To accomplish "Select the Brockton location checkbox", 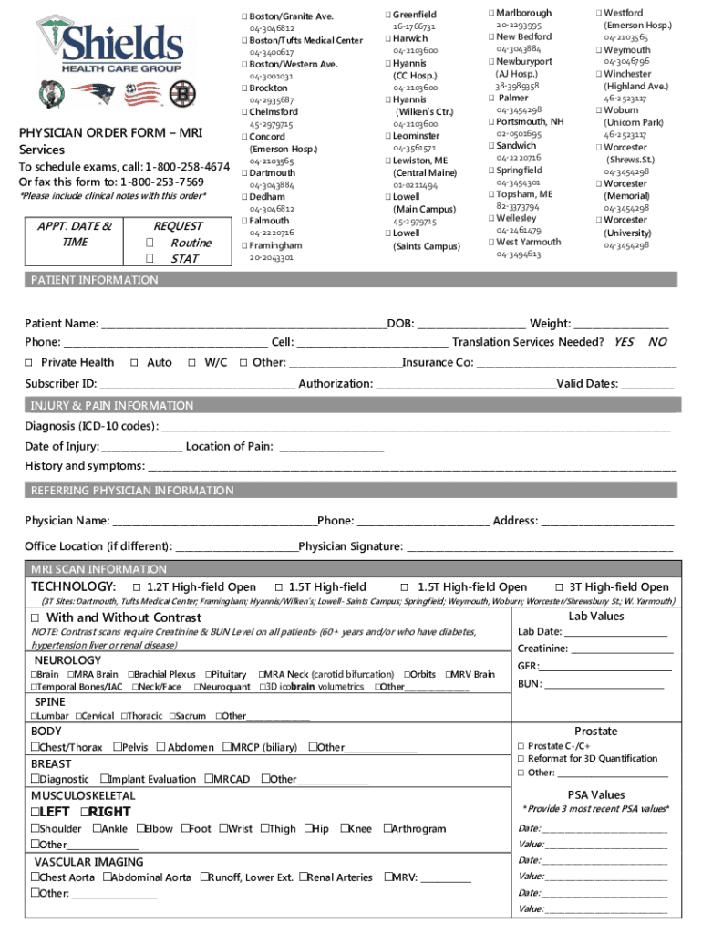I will point(244,88).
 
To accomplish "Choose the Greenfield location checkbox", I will point(387,15).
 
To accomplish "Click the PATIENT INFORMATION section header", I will point(95,280).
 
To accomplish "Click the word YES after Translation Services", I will point(624,342).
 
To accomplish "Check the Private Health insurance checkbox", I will point(30,363).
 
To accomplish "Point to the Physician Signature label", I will point(350,546).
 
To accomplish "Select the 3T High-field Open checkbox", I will point(560,587).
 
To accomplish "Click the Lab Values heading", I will point(595,617).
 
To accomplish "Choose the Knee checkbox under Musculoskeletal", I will point(345,829).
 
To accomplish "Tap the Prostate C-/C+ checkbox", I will point(521,746).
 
